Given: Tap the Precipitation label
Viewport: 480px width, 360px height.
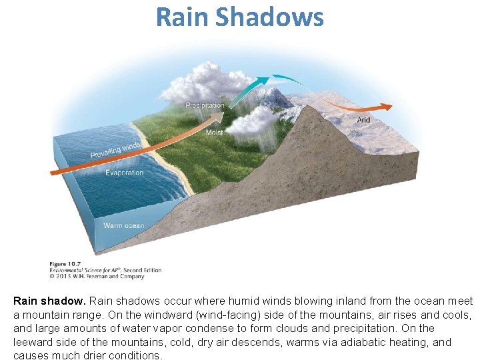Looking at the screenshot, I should (205, 106).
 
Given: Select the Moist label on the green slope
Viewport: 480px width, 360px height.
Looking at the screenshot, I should (214, 133).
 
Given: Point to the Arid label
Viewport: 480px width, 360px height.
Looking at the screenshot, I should (363, 120).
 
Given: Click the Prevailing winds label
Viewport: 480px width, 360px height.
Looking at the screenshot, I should (115, 150).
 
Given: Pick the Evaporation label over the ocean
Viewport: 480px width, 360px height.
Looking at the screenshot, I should (124, 173).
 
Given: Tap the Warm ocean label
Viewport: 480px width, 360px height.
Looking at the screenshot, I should (123, 225).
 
